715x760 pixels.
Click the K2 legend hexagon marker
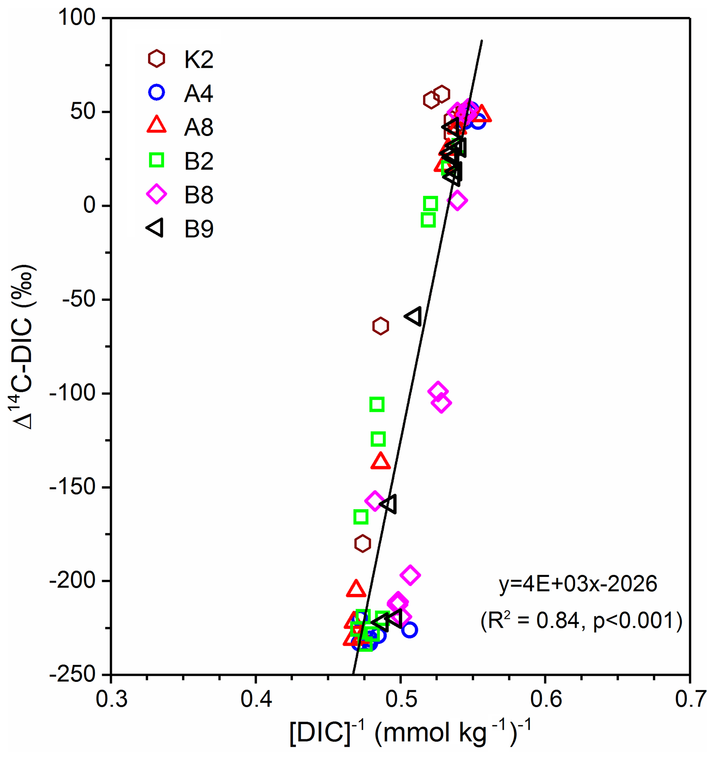coord(157,59)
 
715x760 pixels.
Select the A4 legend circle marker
coord(157,92)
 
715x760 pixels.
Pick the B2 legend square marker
coord(157,160)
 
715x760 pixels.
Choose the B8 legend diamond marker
coord(157,194)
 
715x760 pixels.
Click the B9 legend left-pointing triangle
coord(156,228)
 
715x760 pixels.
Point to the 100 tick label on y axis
coord(76,18)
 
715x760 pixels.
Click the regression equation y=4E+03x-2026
coord(578,584)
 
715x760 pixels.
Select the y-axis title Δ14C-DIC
coord(24,346)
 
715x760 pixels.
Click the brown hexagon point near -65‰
coord(380,326)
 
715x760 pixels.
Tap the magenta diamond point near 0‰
coord(457,201)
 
